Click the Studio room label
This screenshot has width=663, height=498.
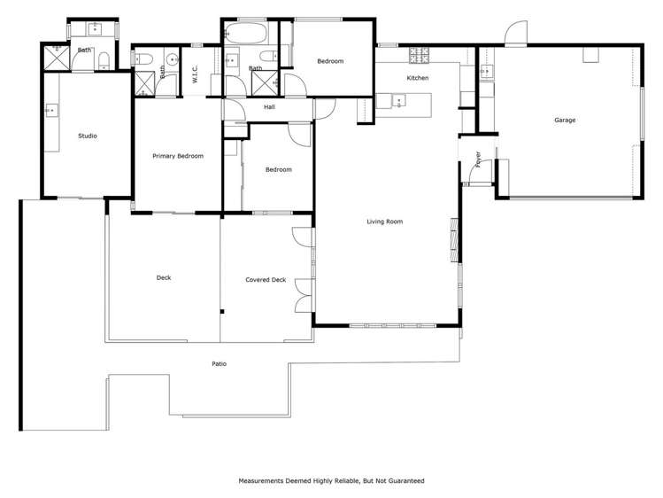(87, 136)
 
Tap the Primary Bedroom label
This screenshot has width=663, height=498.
(177, 156)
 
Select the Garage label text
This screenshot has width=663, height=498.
(565, 120)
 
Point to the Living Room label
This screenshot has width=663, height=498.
(384, 222)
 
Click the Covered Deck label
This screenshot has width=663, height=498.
(266, 280)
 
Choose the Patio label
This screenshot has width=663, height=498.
(218, 363)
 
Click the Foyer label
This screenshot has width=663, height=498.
(478, 160)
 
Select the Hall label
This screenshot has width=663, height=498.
(270, 108)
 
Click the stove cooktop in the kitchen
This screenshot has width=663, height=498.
(418, 57)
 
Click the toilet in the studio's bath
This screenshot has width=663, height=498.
(104, 60)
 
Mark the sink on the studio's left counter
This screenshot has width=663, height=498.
(50, 111)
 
